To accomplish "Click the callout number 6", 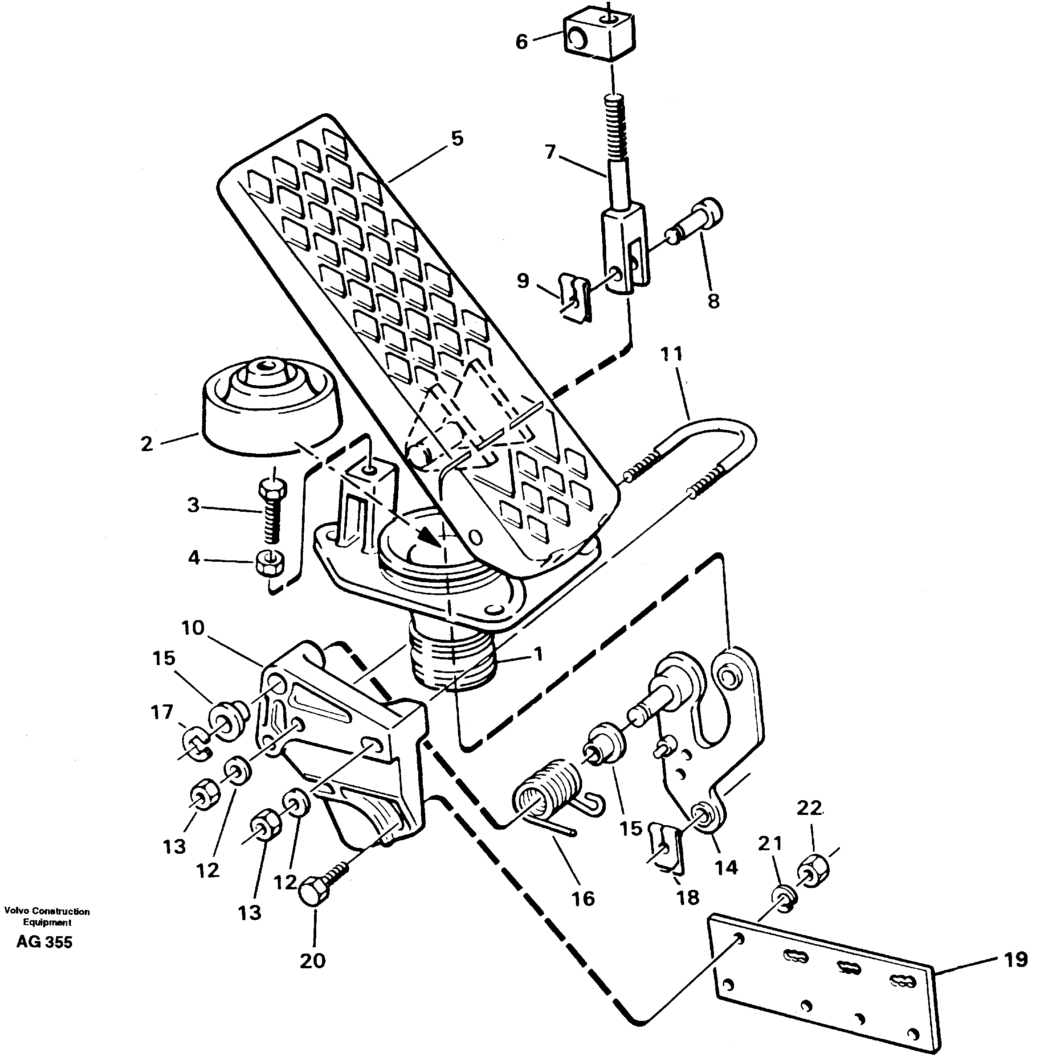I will pos(522,42).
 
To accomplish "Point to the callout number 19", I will pos(1016,960).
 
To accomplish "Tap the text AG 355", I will pos(44,942).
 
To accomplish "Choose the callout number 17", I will pos(162,712).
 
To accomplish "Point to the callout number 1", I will pos(538,654).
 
